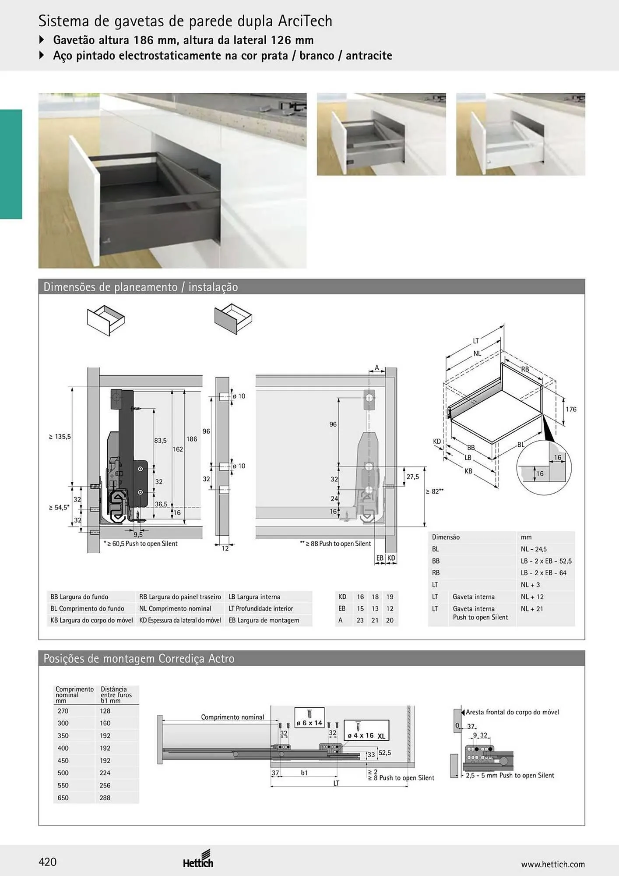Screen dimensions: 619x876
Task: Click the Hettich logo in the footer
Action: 198,859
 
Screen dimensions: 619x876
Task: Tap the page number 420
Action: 48,862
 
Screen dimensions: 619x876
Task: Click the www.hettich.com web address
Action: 553,864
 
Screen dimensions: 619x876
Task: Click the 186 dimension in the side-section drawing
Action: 192,439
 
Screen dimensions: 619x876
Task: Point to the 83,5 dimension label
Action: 160,441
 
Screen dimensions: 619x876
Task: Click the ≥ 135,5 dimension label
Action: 60,436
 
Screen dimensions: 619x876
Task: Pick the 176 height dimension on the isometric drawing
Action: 571,409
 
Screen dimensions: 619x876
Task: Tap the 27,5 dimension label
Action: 413,477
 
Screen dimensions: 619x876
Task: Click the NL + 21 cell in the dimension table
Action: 532,608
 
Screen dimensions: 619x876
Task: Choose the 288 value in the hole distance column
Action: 105,798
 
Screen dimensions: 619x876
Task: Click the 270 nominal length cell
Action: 63,711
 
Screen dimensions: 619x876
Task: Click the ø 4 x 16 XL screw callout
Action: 366,731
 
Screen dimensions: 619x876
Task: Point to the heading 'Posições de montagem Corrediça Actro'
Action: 139,659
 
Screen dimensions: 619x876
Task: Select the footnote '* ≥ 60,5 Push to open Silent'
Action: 141,544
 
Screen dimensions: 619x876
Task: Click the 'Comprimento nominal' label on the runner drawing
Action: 232,717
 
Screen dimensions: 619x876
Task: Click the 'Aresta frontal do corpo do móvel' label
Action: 512,712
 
